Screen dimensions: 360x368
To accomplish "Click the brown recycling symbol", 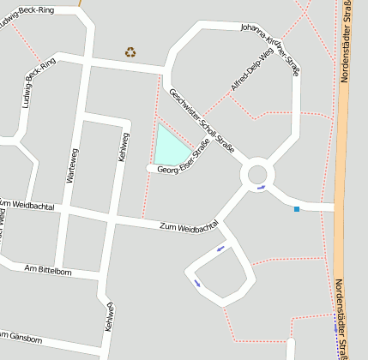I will [x=130, y=52].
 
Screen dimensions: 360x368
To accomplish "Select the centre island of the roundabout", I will [x=258, y=175].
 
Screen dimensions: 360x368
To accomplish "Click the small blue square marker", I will [x=297, y=209].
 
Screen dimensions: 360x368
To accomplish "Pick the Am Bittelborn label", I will [x=48, y=271].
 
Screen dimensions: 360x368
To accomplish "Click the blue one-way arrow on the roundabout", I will [x=262, y=188].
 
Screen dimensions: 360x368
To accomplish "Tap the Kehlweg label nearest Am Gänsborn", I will [x=109, y=317].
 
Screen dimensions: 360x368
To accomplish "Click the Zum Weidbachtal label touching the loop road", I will [x=189, y=228].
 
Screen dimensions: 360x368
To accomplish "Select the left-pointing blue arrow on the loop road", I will [x=220, y=249].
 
